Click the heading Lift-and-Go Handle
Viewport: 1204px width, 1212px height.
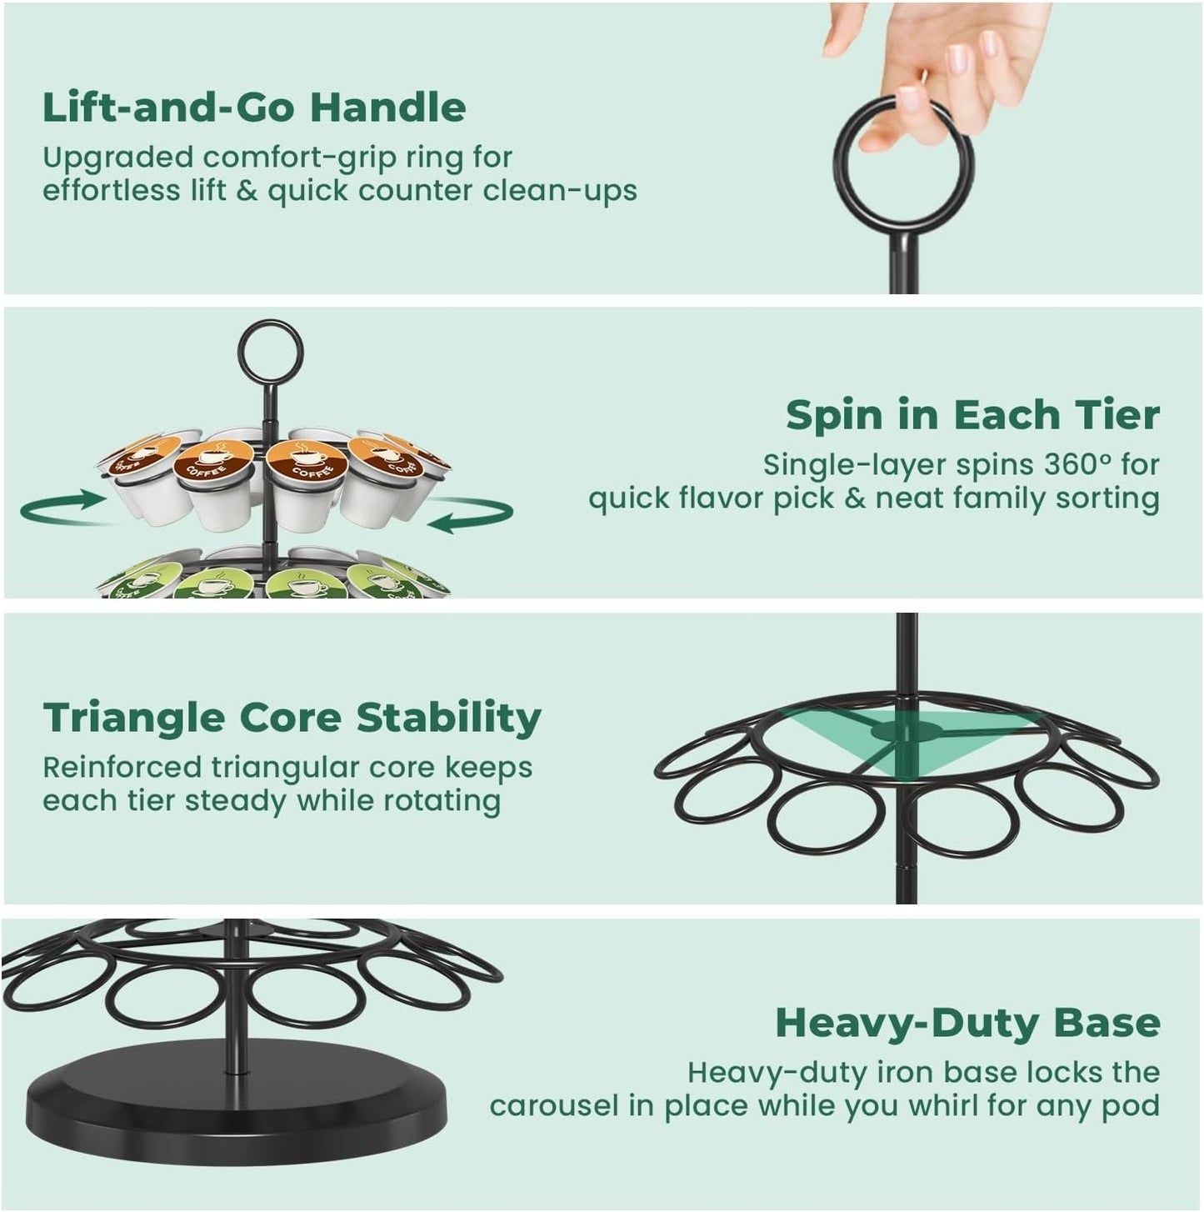(254, 108)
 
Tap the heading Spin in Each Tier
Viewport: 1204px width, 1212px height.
(972, 415)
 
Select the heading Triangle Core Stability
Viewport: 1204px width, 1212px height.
(292, 718)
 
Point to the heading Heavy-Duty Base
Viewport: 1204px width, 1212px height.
(967, 1023)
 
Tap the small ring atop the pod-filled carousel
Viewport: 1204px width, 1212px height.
(270, 353)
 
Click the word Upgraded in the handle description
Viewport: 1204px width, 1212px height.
(117, 158)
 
